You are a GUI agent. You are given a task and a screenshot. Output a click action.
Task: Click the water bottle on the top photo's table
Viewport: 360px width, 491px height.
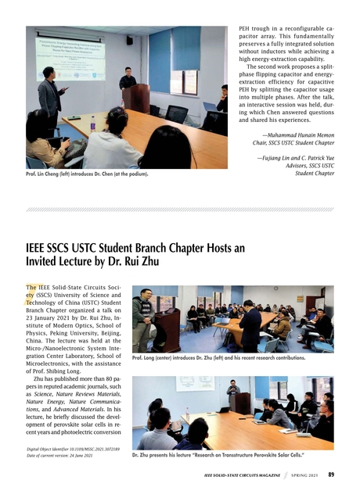[92, 123]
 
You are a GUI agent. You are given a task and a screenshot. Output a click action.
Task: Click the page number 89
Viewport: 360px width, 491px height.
[331, 474]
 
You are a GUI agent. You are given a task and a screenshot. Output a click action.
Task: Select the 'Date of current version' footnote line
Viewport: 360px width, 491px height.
[66, 454]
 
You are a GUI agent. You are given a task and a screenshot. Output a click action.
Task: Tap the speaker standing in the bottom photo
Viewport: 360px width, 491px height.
[233, 392]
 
